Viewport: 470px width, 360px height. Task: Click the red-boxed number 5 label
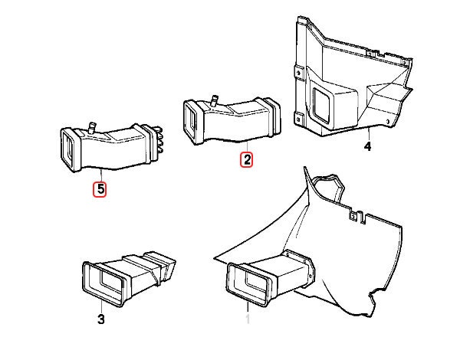coord(100,187)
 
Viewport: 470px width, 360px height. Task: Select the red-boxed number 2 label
coord(247,160)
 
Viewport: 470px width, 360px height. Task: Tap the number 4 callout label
coord(367,146)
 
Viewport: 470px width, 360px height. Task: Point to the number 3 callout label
coord(100,318)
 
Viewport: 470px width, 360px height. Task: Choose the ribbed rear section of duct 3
coord(163,265)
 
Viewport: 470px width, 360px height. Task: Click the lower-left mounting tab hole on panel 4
coord(296,116)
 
